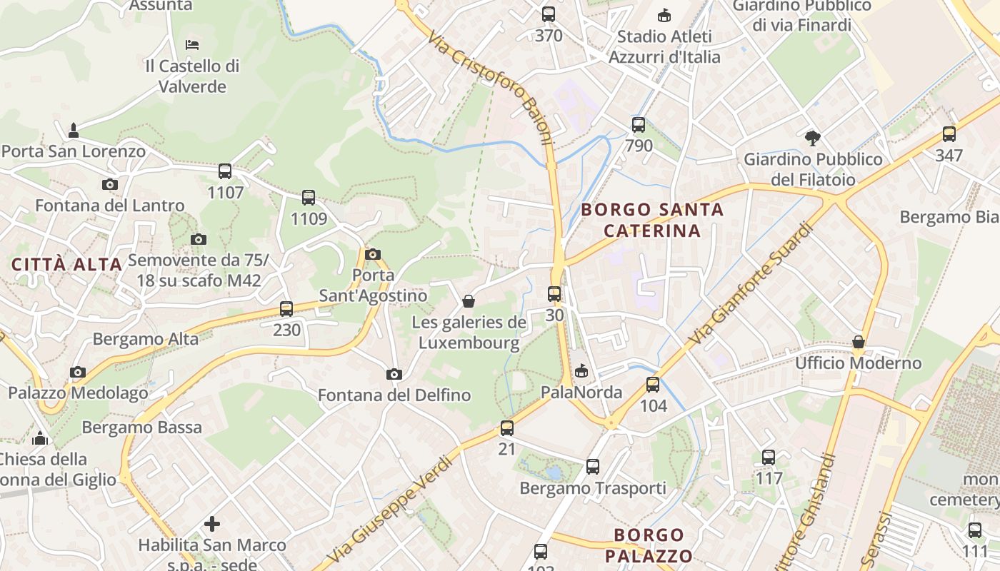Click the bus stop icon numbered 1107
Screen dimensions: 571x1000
click(225, 171)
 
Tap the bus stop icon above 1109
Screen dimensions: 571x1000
click(309, 198)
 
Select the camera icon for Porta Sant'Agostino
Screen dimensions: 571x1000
click(372, 254)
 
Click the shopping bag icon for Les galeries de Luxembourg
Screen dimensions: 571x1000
click(469, 301)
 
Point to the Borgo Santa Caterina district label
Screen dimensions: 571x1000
click(652, 220)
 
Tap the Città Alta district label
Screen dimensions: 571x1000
click(67, 264)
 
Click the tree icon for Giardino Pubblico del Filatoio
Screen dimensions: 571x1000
click(812, 138)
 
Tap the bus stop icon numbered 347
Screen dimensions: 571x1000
click(949, 134)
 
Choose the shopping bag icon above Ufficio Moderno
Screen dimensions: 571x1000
click(859, 342)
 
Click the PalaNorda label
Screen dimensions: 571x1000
click(581, 392)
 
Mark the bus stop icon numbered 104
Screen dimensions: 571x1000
click(653, 385)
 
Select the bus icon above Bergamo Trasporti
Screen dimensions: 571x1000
click(593, 467)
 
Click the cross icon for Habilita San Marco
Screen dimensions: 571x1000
click(212, 524)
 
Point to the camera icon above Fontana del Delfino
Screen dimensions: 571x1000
click(394, 374)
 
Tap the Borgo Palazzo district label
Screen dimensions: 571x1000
click(649, 545)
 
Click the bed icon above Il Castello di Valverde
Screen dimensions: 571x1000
click(192, 45)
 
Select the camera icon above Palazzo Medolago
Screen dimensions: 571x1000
click(78, 372)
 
